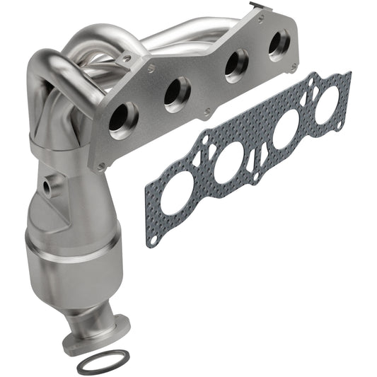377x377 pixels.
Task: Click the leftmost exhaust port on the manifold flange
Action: click(123, 118)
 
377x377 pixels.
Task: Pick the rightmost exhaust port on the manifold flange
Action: click(277, 45)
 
